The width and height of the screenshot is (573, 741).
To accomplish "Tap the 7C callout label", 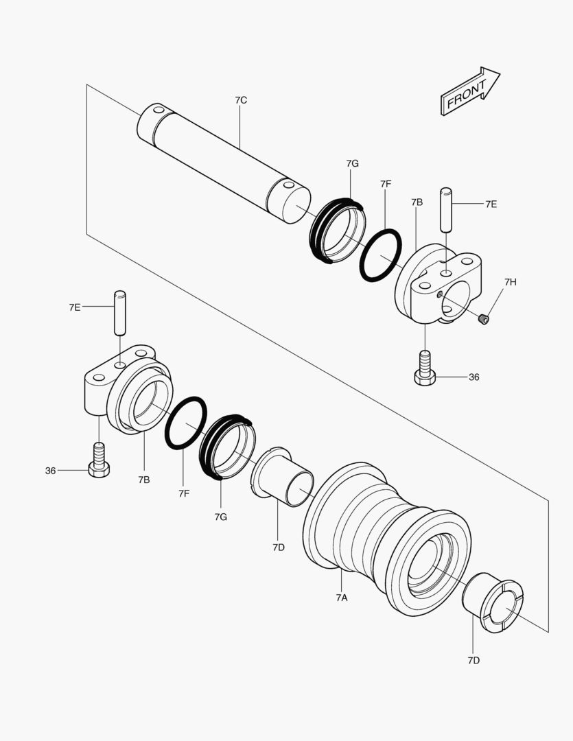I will click(241, 100).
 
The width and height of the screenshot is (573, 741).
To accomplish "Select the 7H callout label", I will click(510, 282).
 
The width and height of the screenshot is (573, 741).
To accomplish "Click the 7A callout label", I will click(342, 598).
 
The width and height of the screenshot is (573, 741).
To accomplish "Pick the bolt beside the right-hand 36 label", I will click(425, 368).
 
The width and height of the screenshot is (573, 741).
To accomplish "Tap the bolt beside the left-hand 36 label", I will click(99, 462).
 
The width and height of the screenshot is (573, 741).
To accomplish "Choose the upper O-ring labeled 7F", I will click(380, 255).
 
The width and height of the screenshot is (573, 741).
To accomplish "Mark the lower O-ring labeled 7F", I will click(185, 423).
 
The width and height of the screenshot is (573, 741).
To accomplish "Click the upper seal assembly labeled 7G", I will click(337, 231).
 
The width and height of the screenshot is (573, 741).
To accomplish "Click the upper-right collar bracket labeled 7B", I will click(439, 281).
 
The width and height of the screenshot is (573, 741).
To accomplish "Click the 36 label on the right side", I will click(474, 377).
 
